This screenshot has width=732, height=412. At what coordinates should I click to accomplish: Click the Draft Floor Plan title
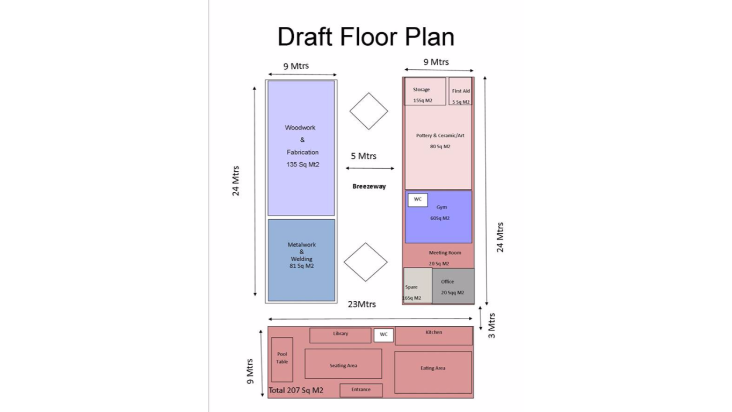tap(366, 37)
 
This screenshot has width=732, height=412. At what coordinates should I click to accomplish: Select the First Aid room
tap(460, 91)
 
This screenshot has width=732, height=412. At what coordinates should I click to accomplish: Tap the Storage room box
tap(425, 91)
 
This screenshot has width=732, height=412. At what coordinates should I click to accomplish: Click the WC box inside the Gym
tap(418, 200)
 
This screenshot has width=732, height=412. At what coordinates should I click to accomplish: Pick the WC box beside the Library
tap(383, 335)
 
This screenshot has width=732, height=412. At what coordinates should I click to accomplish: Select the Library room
tap(340, 335)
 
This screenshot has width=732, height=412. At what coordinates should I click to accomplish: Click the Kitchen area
tap(433, 336)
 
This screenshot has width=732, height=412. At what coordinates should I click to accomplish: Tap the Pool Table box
tap(282, 359)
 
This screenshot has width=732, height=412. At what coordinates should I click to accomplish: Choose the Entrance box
tap(361, 390)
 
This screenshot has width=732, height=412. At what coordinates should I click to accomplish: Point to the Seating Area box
tap(343, 364)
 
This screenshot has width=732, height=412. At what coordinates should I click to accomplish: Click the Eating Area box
tap(433, 372)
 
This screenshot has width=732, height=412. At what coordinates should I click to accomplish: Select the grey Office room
tap(453, 286)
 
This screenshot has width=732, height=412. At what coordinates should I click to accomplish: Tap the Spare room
tap(418, 286)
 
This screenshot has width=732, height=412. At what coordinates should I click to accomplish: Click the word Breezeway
tap(369, 186)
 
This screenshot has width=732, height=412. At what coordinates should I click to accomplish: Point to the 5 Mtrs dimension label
tap(364, 156)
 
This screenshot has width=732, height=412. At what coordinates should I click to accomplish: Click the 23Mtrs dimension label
tap(362, 304)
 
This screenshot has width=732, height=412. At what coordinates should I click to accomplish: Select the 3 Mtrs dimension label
tap(492, 326)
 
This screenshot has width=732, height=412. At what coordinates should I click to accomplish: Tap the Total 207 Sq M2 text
tap(296, 390)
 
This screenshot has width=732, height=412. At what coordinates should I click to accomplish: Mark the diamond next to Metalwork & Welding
tap(365, 262)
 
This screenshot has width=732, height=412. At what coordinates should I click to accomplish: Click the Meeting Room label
tap(445, 252)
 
